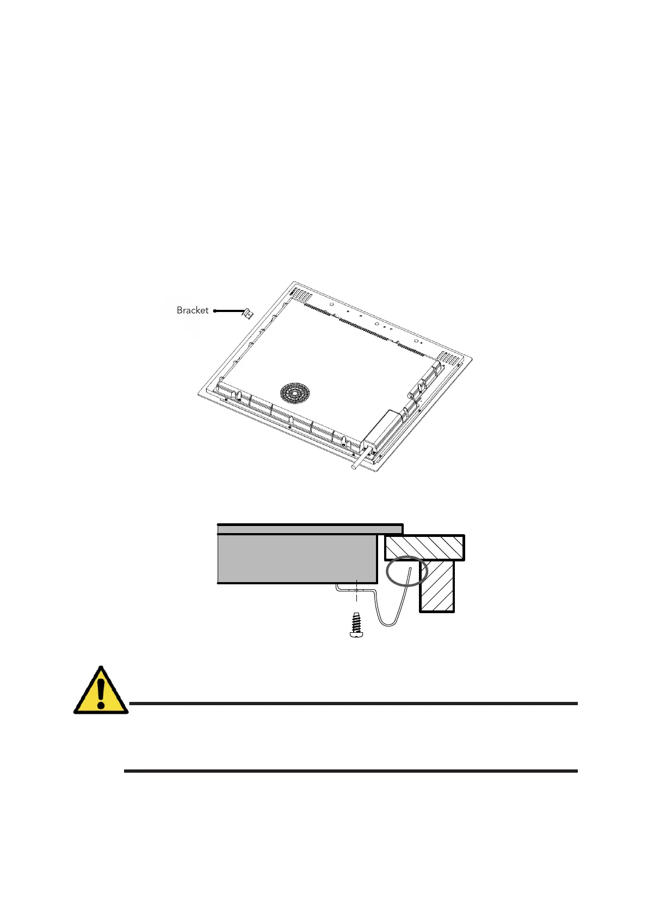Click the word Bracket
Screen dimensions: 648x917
click(192, 310)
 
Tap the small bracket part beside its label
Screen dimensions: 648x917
click(248, 314)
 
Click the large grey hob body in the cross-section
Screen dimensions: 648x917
click(297, 558)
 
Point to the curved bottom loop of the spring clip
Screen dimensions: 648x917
click(387, 623)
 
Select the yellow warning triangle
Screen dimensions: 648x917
click(100, 691)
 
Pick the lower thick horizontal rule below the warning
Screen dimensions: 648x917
click(350, 771)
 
